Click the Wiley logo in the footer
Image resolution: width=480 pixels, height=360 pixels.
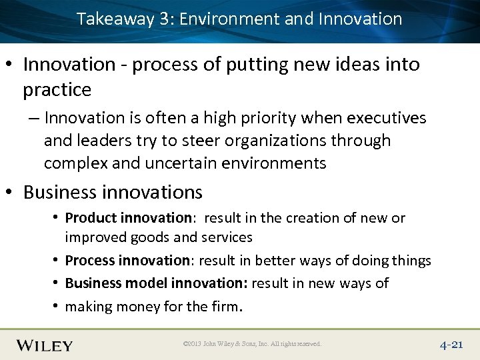(x=45, y=345)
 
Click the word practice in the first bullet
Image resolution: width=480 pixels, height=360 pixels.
(x=57, y=89)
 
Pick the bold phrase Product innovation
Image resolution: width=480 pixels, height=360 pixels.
(x=128, y=218)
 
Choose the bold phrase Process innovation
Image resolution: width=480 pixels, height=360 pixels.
(x=127, y=261)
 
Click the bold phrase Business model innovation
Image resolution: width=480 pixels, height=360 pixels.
(x=157, y=283)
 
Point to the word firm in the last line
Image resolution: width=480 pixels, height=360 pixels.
(x=227, y=306)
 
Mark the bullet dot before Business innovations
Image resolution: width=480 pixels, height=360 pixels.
(x=13, y=193)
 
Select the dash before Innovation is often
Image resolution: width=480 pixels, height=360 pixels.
(x=33, y=119)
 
